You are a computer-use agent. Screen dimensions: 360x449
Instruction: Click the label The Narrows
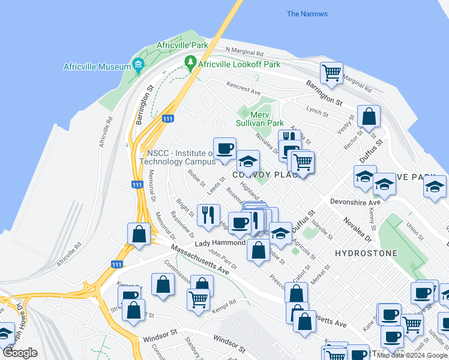pos(307,14)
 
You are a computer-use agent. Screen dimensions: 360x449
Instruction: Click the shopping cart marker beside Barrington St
pos(331,74)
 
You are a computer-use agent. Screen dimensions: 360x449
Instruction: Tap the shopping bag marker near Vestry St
pos(369,118)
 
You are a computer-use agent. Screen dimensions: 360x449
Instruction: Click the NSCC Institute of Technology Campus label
pos(177,157)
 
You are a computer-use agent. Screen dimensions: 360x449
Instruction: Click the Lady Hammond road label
pos(219,243)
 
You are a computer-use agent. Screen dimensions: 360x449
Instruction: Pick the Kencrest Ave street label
pos(243,89)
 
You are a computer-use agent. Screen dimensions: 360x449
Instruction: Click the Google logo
pos(20,353)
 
